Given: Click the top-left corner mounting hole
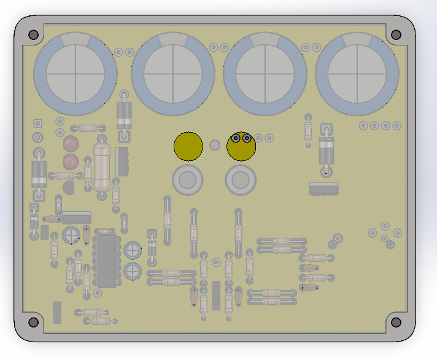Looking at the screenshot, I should coord(34,35).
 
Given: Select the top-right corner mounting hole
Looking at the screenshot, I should coord(396,35).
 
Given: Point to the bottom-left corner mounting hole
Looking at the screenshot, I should coord(34,321).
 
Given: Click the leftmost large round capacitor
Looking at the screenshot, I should coord(75,74).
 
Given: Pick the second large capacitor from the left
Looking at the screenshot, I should coord(173,74).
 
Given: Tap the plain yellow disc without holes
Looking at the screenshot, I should coord(188,146).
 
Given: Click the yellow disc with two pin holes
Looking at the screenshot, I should coord(241,146).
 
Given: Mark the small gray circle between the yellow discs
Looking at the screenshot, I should coord(215,145).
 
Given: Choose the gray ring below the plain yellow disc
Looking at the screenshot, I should coord(188,180).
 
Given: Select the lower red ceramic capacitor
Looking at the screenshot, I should coord(71,162).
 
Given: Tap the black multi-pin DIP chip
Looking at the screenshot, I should coord(106,258).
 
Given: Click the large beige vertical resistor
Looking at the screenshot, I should coord(101,164).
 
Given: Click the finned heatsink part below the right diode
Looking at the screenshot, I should coord(323,189).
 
